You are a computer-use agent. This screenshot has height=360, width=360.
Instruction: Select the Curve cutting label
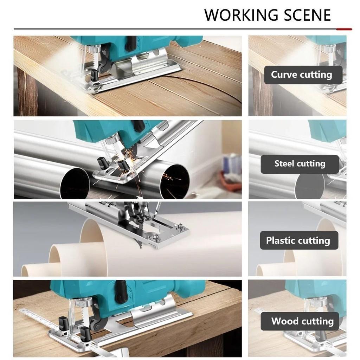pos(301,75)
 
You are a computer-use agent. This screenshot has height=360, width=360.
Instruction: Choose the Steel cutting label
pos(300,163)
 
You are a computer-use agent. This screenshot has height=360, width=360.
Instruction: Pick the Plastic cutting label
pos(298,240)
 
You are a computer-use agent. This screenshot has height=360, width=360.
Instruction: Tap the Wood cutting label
pos(302,321)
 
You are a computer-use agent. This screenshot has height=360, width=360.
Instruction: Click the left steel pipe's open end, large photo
pos(75,183)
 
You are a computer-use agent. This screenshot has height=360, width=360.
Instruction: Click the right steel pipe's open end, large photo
pos(174,181)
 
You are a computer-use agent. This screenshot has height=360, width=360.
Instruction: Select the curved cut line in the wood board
pos(211,88)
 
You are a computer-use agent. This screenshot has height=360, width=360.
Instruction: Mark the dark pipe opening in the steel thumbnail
pos(309,186)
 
